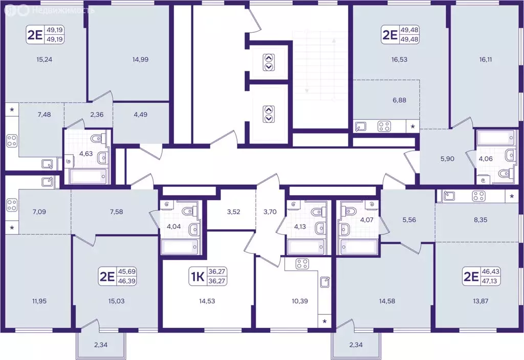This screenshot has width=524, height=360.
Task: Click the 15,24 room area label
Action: coord(45,59)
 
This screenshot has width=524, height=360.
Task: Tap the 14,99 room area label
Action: coord(140,59)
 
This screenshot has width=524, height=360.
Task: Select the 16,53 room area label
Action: coord(399,59)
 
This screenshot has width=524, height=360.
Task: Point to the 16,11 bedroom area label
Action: coord(485,59)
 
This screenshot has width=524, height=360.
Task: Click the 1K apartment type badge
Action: coord(198,277)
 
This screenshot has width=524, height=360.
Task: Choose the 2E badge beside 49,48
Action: coord(389,35)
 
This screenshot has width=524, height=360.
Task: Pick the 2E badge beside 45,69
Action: coord(107,277)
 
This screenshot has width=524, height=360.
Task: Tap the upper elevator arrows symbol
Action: coord(269,62)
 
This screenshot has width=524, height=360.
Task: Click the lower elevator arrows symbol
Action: coord(269,114)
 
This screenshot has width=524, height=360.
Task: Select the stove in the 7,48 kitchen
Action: coord(12,140)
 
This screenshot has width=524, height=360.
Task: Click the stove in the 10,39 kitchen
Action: coord(302,264)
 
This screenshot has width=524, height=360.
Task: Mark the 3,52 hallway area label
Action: coord(233,212)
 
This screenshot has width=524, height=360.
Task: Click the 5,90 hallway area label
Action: coord(447,159)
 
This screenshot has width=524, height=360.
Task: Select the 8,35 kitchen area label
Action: coord(480,220)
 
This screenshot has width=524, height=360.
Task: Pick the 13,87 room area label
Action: coord(480,301)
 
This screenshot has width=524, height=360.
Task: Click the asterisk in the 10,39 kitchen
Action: coord(324,322)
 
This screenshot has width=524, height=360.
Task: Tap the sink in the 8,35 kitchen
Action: coord(448,196)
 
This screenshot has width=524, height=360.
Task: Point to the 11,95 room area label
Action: coord(39,301)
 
